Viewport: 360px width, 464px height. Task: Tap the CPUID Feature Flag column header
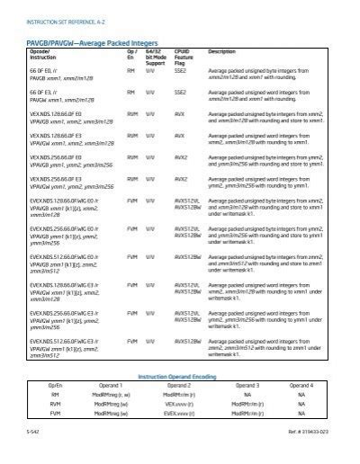[x=184, y=58]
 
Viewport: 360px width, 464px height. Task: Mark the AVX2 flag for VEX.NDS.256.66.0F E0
[x=180, y=157]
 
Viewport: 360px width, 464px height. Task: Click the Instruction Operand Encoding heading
[x=180, y=376]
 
